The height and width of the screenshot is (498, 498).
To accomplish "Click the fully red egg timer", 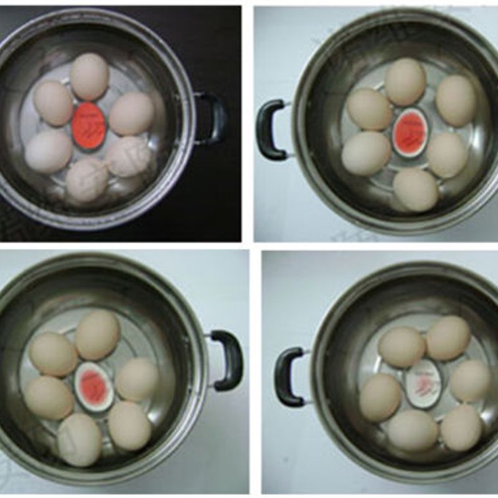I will (x=90, y=125).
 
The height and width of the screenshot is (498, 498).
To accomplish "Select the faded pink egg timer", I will (x=94, y=387).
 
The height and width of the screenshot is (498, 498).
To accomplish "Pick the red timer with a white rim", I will (x=410, y=132).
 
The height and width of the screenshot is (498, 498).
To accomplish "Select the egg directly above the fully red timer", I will (x=90, y=77).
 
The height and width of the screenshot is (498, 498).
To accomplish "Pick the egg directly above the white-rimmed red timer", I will (x=405, y=82).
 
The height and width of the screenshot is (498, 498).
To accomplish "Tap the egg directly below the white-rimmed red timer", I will (x=415, y=189).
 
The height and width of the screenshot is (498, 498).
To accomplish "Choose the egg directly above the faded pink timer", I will (x=97, y=334).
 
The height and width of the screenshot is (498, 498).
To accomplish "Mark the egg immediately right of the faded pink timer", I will (x=138, y=378).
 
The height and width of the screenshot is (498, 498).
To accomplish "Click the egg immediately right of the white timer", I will (x=470, y=380).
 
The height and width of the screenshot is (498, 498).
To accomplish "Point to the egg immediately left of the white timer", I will (x=380, y=397).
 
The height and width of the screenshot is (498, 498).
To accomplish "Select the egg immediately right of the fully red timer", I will (x=131, y=113).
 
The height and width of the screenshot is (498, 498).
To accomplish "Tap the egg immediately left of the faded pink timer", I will (x=49, y=397).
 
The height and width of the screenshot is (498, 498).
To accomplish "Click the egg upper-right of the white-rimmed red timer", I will (x=456, y=101).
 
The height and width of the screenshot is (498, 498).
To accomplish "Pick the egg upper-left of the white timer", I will (x=402, y=347).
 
